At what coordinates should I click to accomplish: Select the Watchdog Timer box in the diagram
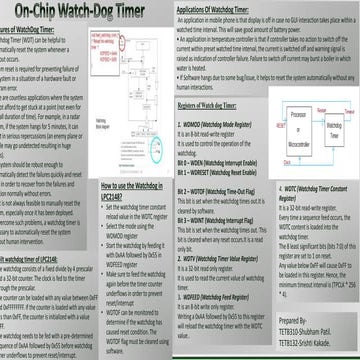(322, 147)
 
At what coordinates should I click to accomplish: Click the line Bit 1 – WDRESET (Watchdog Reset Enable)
(223, 170)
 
